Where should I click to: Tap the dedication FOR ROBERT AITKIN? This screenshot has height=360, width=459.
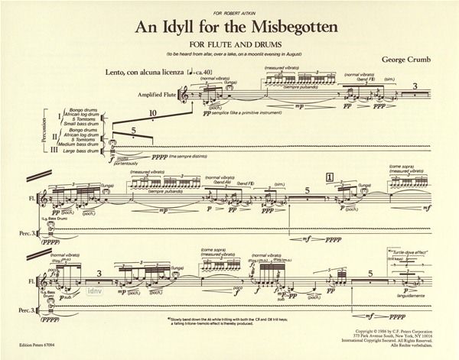(x=229, y=8)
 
